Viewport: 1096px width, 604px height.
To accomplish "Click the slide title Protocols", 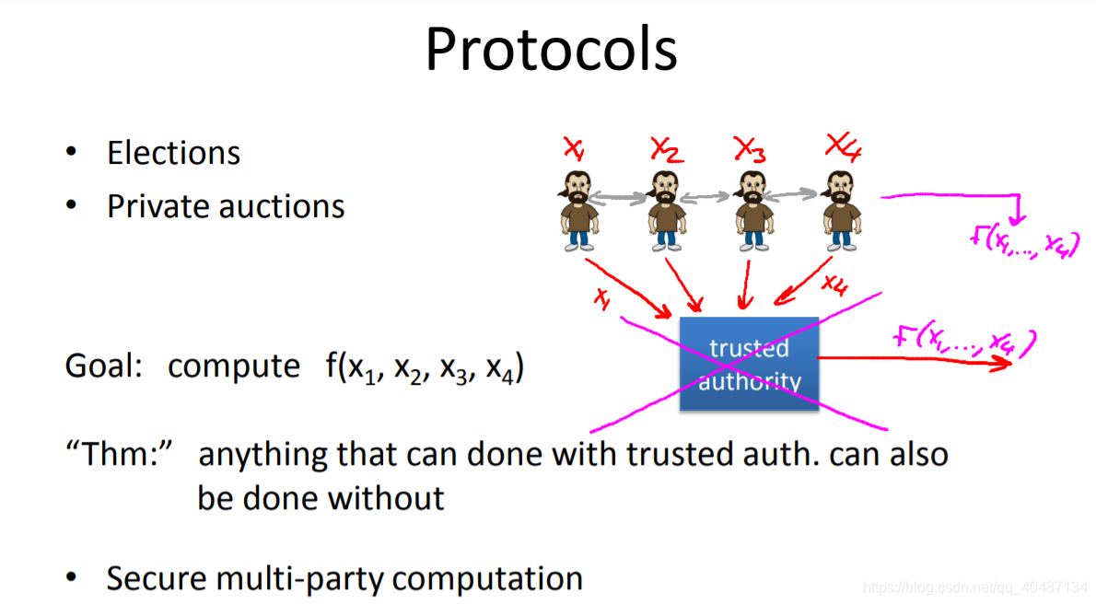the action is click(551, 50).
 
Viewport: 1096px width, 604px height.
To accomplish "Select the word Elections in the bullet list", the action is click(173, 153).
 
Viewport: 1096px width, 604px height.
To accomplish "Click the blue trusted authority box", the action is click(749, 364).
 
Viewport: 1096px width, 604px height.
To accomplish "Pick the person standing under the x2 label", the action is click(665, 210).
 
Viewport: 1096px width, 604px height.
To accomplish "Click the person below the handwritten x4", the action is click(840, 210).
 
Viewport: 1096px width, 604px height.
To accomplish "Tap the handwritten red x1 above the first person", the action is click(573, 148).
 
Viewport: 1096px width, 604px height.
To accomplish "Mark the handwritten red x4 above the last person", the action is click(842, 147).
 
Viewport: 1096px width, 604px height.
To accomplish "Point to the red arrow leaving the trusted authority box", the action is click(912, 360).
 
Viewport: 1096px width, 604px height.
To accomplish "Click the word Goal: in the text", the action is click(103, 366).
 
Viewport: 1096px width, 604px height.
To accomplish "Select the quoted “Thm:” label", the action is click(118, 455).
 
